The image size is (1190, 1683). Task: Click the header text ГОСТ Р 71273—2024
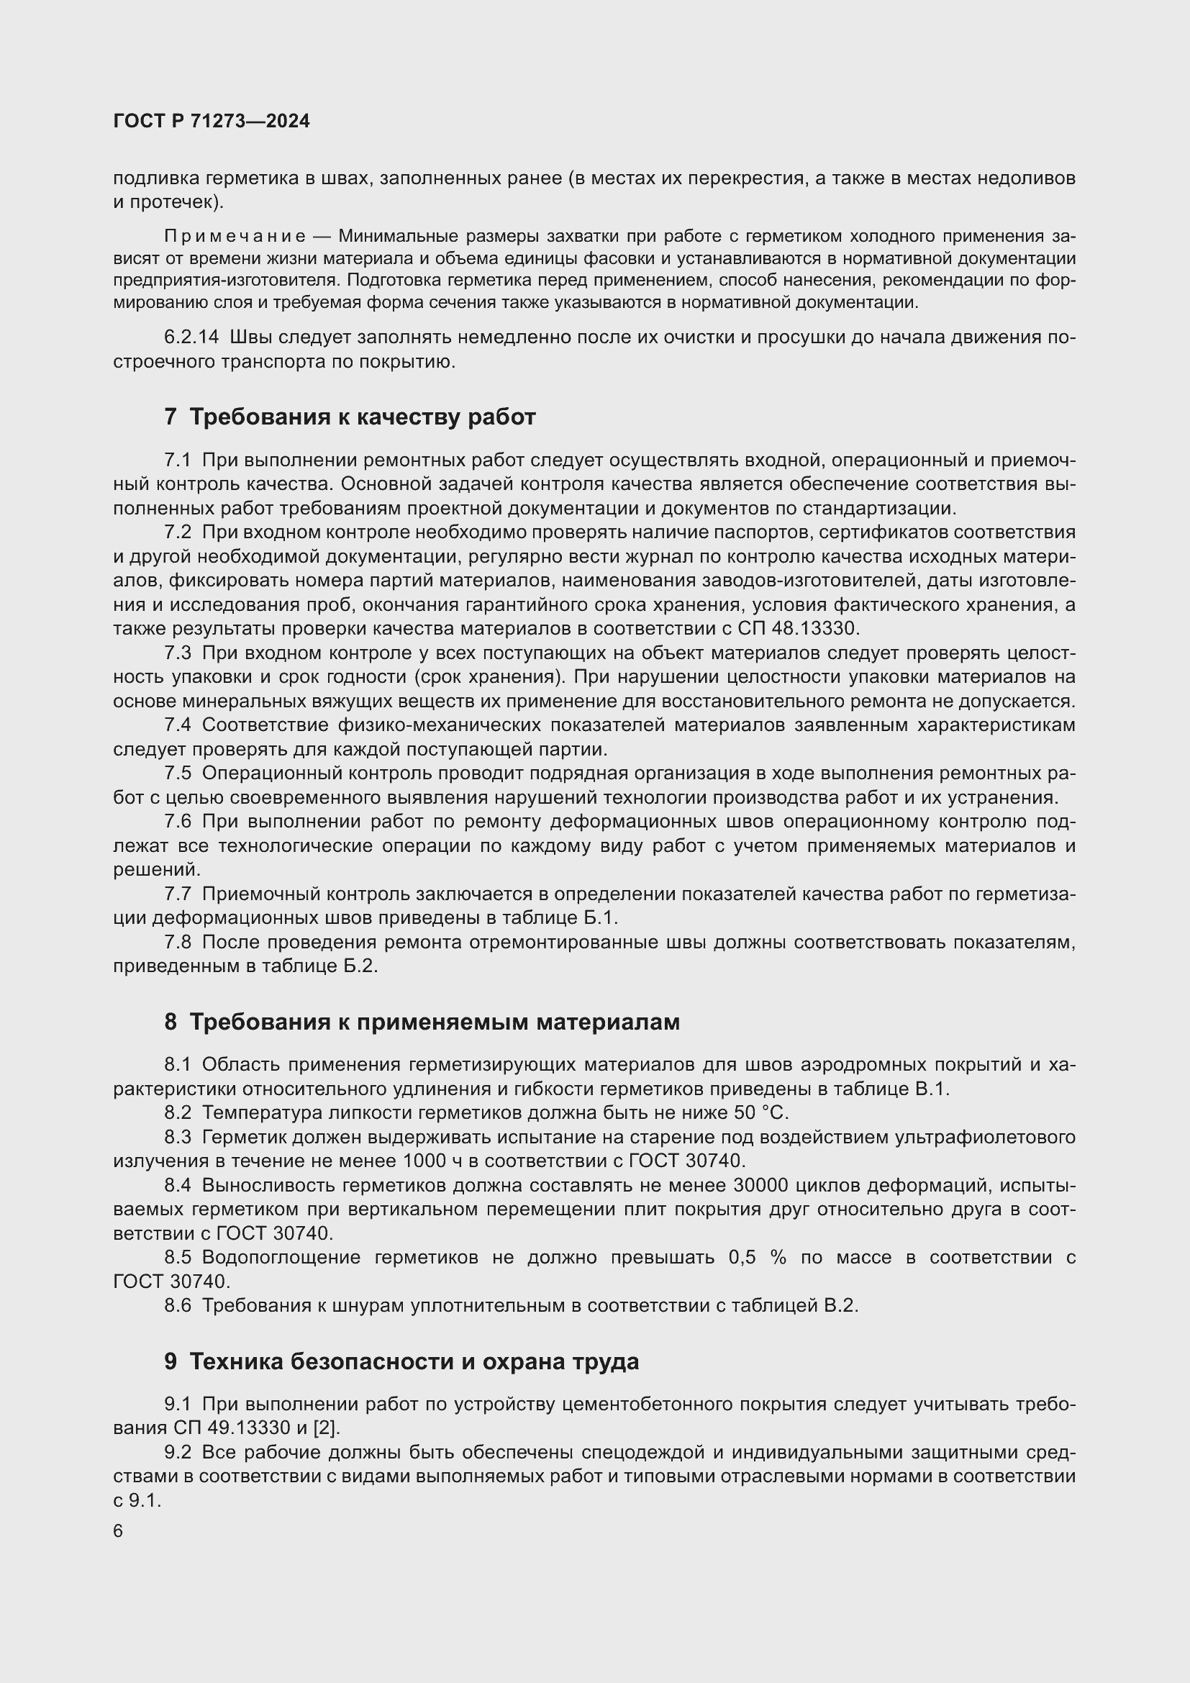(212, 122)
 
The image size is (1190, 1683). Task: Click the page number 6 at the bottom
(118, 1532)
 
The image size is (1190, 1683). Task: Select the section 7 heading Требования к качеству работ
(350, 417)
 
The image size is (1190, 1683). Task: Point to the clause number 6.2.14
(191, 337)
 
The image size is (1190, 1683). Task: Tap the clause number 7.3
(177, 653)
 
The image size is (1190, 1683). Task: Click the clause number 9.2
(177, 1452)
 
